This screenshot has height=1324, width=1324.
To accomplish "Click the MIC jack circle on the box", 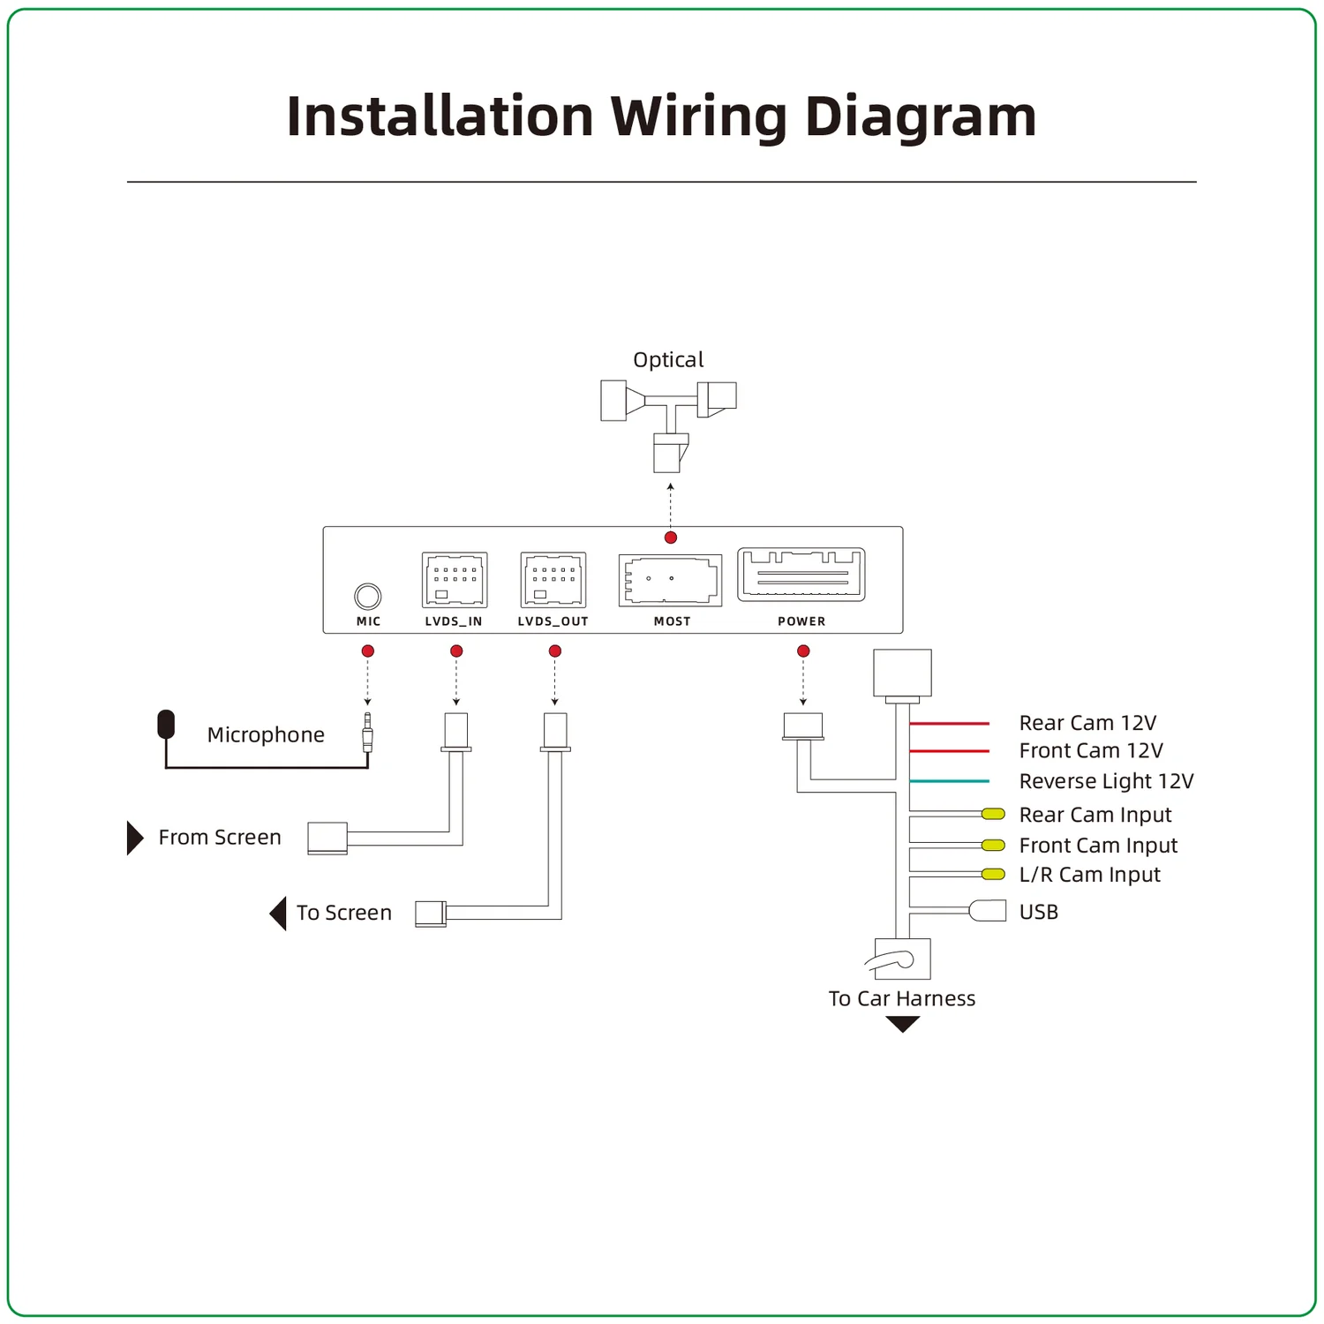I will (368, 597).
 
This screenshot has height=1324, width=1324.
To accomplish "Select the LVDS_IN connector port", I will (455, 580).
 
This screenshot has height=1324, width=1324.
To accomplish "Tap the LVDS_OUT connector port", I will (553, 580).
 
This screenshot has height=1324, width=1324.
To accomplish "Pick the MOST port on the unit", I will (671, 580).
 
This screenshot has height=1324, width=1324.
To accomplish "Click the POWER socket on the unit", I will (801, 575).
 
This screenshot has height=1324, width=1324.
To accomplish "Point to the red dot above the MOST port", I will (671, 538).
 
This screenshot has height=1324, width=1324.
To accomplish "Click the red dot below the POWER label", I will (803, 651).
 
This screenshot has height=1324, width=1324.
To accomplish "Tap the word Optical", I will (668, 360).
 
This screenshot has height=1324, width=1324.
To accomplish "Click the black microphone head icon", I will (166, 724).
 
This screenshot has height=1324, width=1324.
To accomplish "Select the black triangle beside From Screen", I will (134, 838).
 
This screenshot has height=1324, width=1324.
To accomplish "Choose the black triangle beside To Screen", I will (279, 914).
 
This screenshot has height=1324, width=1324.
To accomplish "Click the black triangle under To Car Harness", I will (902, 1024).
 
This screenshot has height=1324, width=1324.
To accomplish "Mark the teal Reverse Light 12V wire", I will (949, 781).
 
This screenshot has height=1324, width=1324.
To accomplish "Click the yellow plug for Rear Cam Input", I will (994, 814).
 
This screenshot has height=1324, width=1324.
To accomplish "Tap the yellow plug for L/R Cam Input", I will (994, 875).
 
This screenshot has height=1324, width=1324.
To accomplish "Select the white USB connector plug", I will (988, 911).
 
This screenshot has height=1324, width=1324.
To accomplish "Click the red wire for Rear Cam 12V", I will (949, 724).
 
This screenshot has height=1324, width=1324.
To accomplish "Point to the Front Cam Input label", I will (1098, 846).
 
